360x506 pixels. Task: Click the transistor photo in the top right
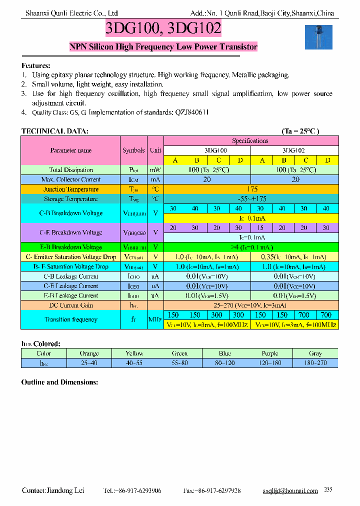click(x=318, y=36)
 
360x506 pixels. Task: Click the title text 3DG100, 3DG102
click(x=163, y=28)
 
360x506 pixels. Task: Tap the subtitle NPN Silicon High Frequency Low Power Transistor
click(x=163, y=47)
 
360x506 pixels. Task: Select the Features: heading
click(x=35, y=66)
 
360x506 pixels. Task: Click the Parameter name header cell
click(x=70, y=150)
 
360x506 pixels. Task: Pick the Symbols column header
click(x=133, y=150)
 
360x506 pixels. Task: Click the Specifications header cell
click(x=250, y=141)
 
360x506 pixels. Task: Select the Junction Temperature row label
click(x=70, y=189)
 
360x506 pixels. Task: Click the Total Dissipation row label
click(x=70, y=170)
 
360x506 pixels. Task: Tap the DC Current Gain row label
click(x=70, y=305)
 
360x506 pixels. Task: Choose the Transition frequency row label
click(x=70, y=319)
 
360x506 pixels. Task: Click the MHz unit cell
click(x=156, y=319)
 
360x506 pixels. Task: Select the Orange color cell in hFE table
click(x=89, y=353)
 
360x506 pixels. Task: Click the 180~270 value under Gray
click(x=315, y=362)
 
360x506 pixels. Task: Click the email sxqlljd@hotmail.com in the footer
click(x=290, y=491)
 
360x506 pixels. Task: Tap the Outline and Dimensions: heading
click(x=59, y=382)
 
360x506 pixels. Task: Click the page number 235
click(x=328, y=489)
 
